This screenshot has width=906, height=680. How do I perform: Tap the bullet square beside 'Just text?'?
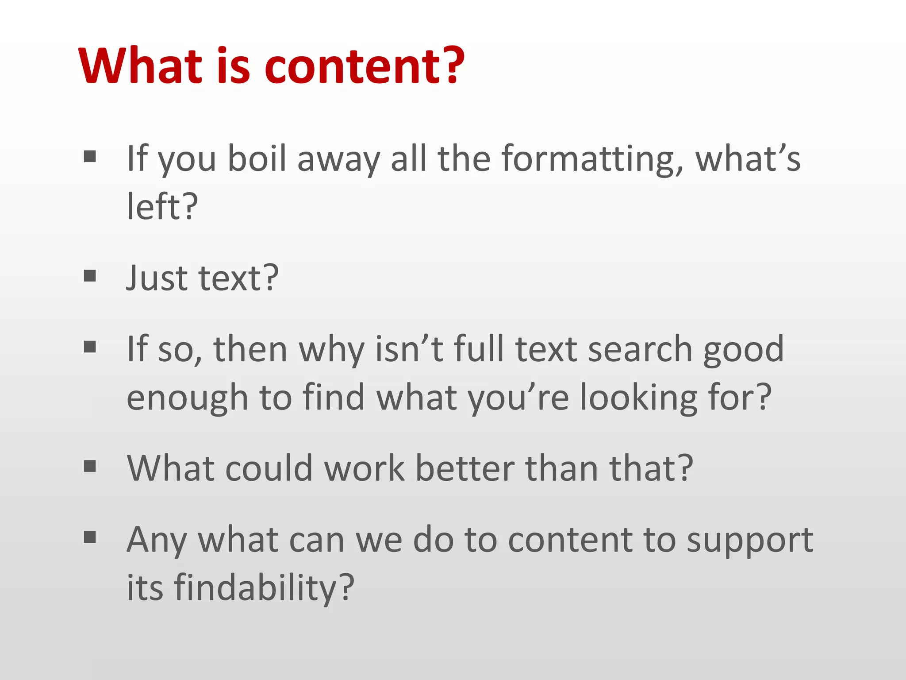[x=90, y=276]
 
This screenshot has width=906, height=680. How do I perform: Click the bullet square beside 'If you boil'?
[x=90, y=156]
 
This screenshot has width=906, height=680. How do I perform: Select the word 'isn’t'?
[x=409, y=349]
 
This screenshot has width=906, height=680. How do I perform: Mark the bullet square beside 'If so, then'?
[x=90, y=347]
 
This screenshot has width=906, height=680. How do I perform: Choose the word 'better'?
[x=465, y=468]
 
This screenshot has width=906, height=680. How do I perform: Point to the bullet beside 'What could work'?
[x=90, y=466]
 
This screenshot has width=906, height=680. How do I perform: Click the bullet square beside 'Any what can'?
[x=90, y=537]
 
